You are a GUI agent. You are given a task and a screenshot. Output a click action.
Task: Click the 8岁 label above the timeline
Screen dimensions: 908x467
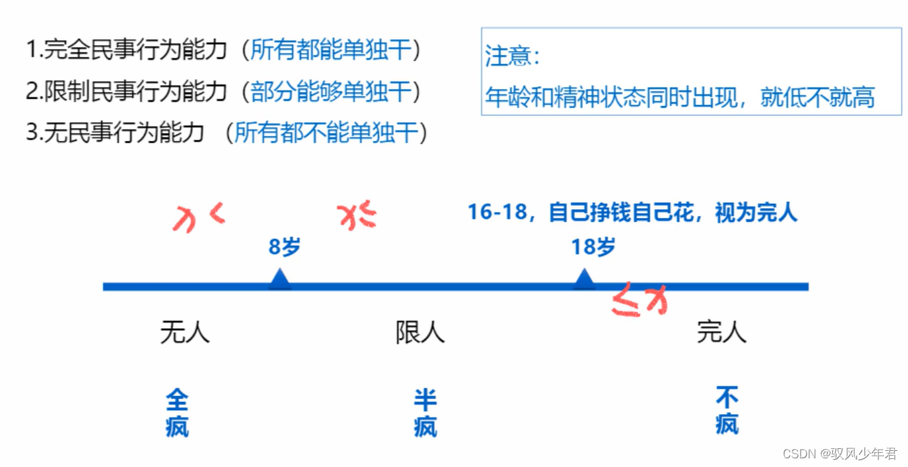point(284,247)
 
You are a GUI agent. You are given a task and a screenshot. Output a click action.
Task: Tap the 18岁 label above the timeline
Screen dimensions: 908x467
point(593,247)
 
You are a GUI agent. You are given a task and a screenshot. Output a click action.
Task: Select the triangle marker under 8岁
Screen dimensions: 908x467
point(280,278)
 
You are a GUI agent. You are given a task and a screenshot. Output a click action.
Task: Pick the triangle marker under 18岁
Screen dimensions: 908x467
point(584,278)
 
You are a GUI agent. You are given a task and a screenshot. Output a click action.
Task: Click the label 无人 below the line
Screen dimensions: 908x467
point(185,332)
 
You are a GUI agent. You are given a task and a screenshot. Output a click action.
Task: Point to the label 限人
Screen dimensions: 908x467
point(420,332)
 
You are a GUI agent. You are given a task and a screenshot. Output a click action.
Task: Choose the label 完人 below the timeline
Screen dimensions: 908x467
point(722,332)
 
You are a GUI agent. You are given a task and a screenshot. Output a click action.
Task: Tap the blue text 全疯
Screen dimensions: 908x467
point(177,413)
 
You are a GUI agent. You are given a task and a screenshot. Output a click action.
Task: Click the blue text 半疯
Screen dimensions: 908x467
point(425,413)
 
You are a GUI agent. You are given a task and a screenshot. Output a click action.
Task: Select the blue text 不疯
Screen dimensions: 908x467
point(726,412)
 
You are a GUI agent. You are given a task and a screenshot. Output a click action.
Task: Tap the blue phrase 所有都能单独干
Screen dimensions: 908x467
point(330,50)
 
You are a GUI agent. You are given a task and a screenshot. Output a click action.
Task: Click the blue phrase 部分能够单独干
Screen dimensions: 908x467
point(330,92)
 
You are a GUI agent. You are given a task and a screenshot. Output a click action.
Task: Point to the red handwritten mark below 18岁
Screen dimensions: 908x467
point(640,302)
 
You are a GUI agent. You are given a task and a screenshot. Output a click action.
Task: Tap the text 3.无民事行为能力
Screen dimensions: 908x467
point(115,133)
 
